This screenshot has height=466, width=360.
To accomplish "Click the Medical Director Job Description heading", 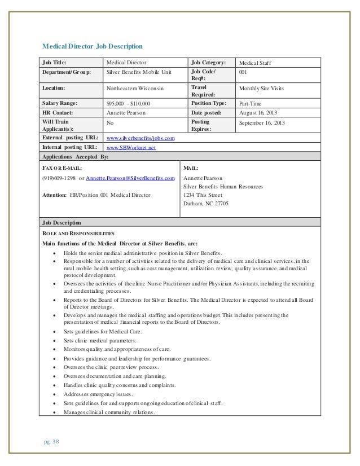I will (x=93, y=45).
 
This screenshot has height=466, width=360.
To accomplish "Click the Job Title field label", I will (x=55, y=63).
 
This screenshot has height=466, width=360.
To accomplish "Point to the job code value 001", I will (x=244, y=73).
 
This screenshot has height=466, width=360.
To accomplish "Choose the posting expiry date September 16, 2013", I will (x=262, y=122).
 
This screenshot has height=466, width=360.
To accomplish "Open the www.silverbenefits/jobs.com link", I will (x=141, y=138).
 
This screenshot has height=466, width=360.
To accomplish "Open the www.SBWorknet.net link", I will (x=131, y=147).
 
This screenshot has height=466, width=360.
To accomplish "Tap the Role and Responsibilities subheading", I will (x=78, y=233).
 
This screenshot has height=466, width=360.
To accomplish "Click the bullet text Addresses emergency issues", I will (x=99, y=394).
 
